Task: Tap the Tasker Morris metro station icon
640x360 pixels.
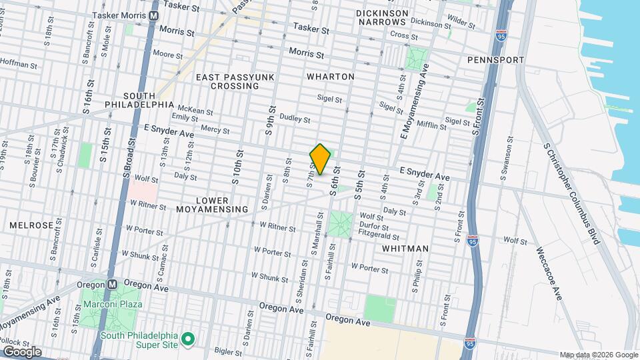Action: [154, 15]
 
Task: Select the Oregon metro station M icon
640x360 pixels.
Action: [113, 283]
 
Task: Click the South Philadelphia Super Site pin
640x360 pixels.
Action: [189, 340]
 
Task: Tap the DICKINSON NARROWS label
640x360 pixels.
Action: [381, 17]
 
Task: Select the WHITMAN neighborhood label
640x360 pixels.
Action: [405, 249]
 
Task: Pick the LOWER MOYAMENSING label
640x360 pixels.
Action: [212, 205]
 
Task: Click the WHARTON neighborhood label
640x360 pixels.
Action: [330, 77]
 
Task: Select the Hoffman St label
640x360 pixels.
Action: [19, 65]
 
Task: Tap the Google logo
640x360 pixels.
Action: [22, 351]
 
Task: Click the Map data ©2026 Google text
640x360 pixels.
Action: [598, 355]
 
